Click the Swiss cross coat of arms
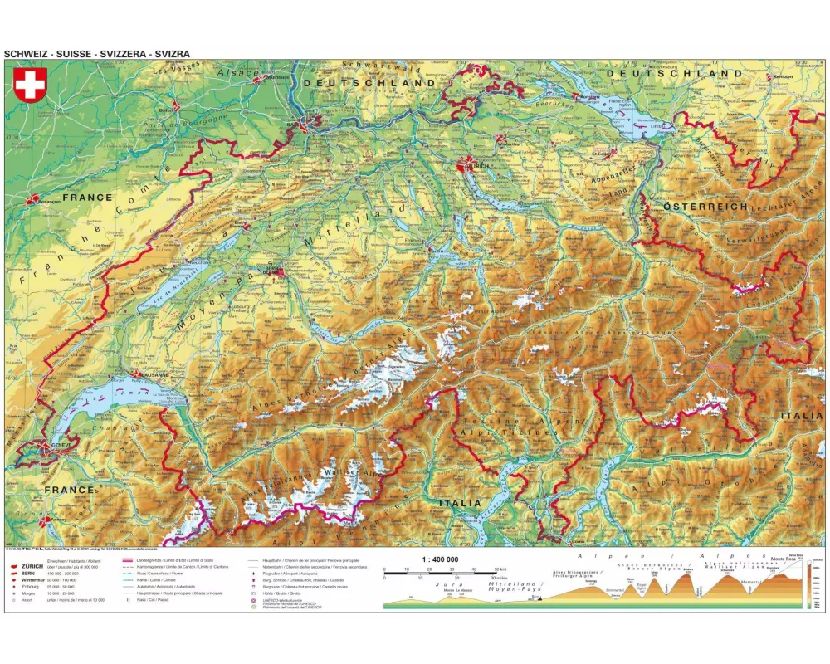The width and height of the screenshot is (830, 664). click(x=30, y=85)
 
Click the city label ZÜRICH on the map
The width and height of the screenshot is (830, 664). click(x=479, y=166)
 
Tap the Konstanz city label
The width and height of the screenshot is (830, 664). click(x=588, y=96)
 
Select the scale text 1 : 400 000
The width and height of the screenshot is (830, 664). click(x=440, y=559)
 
